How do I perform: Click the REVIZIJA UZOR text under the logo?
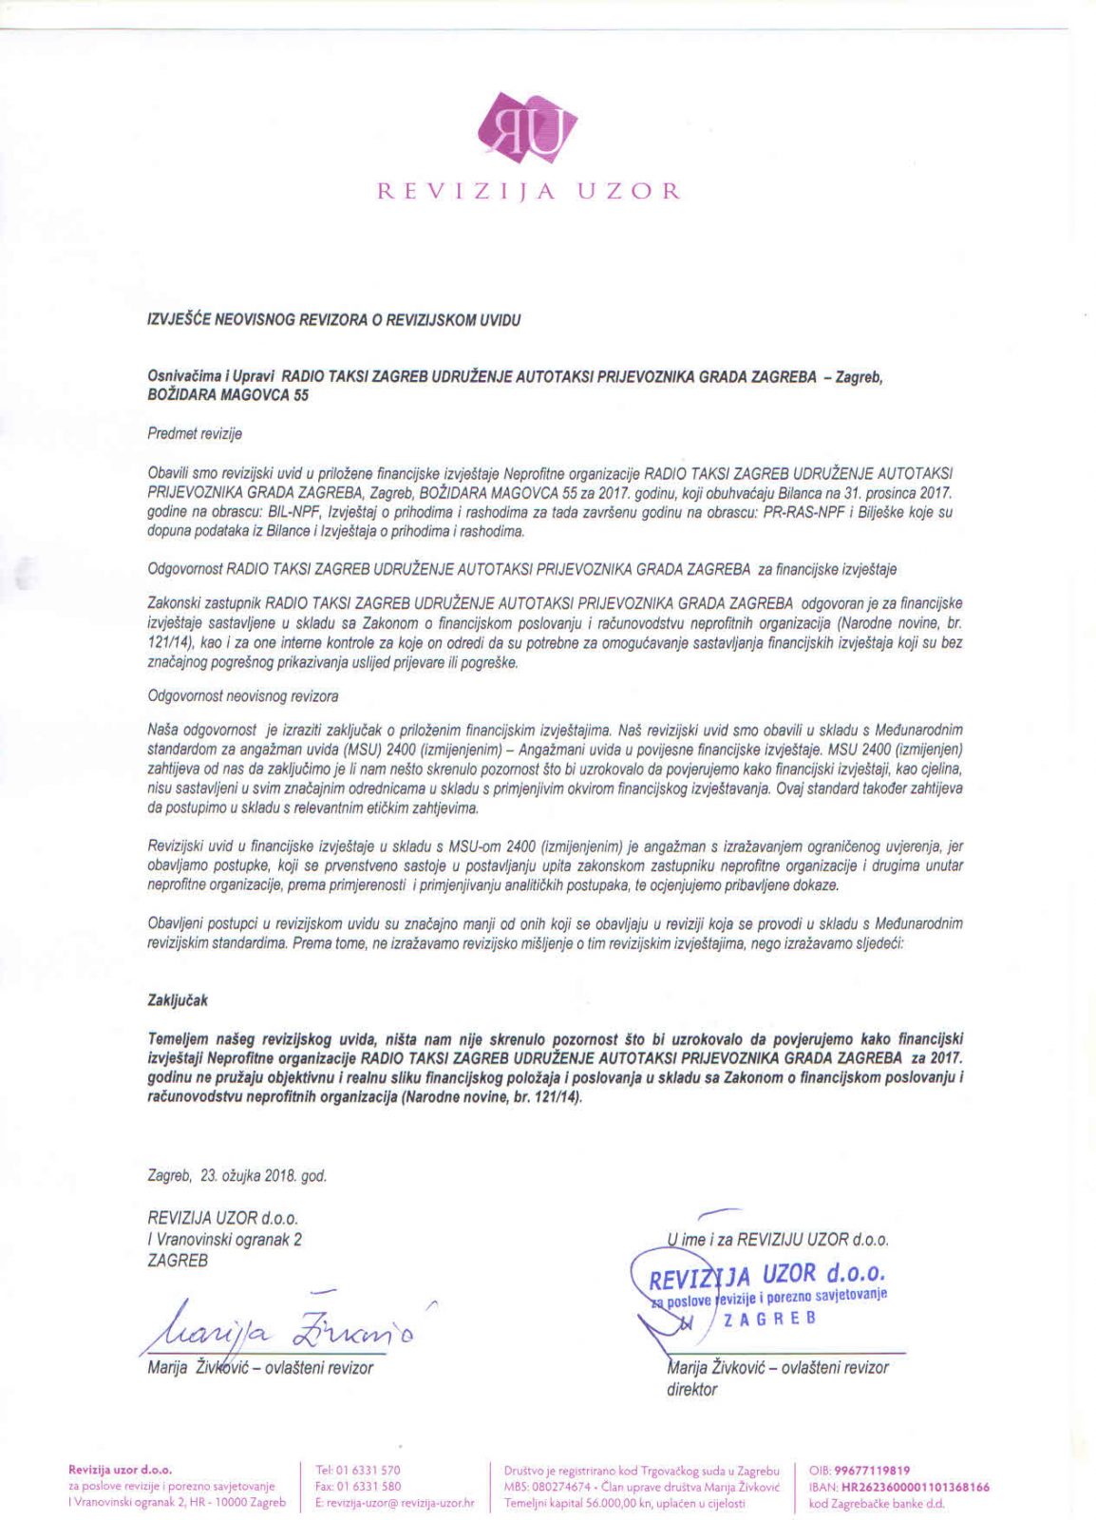(x=529, y=191)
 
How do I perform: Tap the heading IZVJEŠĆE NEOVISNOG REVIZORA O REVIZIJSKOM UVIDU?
(x=333, y=320)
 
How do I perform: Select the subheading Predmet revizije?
(x=195, y=434)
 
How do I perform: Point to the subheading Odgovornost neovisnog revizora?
(x=243, y=696)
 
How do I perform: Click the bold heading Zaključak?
(x=178, y=1000)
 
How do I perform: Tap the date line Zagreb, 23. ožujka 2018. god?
(x=237, y=1175)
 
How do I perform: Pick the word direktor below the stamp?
(x=692, y=1389)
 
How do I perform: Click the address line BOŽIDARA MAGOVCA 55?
(x=228, y=395)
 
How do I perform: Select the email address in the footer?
(x=393, y=1503)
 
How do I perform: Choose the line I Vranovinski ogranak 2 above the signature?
(x=225, y=1239)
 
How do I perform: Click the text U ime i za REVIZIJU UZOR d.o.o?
(x=778, y=1239)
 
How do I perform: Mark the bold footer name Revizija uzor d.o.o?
(x=120, y=1470)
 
